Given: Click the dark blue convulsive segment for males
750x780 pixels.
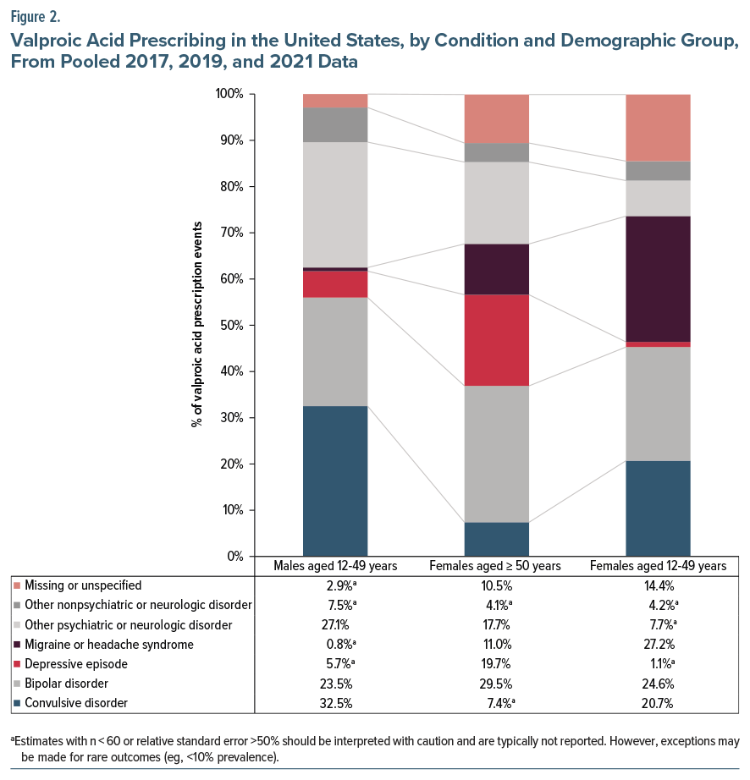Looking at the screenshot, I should point(335,481).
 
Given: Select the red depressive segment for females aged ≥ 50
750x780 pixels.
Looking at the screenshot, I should point(496,340).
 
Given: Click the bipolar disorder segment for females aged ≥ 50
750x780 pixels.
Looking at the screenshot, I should point(496,453).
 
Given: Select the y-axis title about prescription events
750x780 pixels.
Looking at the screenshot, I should point(196,325).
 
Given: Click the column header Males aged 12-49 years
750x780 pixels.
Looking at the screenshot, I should point(335,566).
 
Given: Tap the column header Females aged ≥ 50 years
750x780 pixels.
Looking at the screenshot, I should point(496,566).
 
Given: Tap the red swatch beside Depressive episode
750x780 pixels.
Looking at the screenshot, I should point(17,664).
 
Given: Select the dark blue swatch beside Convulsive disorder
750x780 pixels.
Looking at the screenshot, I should point(17,703).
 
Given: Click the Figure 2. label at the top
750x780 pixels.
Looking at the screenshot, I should point(36,16).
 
